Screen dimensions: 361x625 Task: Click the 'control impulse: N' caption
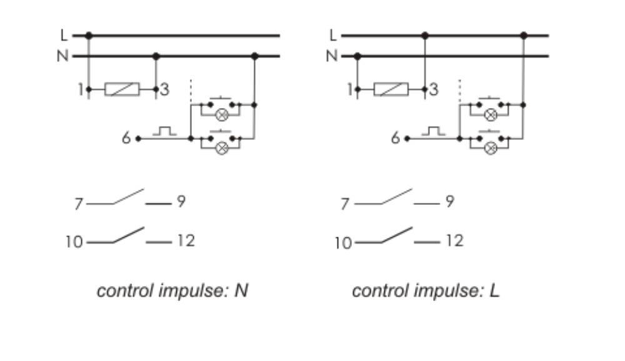click(172, 290)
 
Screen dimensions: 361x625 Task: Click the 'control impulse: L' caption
click(426, 290)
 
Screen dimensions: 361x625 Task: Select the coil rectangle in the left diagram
click(122, 90)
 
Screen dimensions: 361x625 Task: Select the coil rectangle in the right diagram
click(391, 90)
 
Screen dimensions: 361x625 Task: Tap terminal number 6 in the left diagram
click(126, 138)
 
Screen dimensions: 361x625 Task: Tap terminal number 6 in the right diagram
click(395, 138)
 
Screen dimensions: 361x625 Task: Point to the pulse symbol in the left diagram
click(164, 132)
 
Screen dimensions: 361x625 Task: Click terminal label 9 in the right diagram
click(450, 202)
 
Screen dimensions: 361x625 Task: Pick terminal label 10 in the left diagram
click(74, 242)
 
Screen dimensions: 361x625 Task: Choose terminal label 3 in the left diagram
click(164, 90)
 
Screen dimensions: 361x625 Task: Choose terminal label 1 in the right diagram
click(350, 90)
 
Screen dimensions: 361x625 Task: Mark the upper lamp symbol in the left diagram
click(221, 115)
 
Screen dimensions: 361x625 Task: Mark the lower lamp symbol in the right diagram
click(491, 148)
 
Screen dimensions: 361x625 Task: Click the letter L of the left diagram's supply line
click(63, 36)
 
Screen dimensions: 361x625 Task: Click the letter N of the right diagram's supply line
click(331, 56)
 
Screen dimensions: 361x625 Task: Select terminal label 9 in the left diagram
click(181, 202)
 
